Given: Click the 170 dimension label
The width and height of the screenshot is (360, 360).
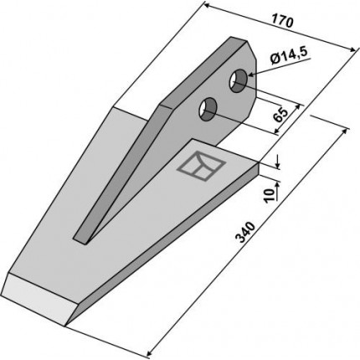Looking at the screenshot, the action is pos(282,22).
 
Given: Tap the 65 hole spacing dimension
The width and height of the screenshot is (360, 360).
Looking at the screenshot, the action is pos(280,115).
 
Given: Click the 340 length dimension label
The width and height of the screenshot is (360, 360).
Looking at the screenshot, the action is pos(245,232).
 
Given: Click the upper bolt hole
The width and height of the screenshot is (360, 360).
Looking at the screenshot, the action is pos(238,81).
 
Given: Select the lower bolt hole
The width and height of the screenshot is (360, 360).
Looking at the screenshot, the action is pos(208,110).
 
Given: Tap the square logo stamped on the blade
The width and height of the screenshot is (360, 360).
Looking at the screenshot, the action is pos(202,166).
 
